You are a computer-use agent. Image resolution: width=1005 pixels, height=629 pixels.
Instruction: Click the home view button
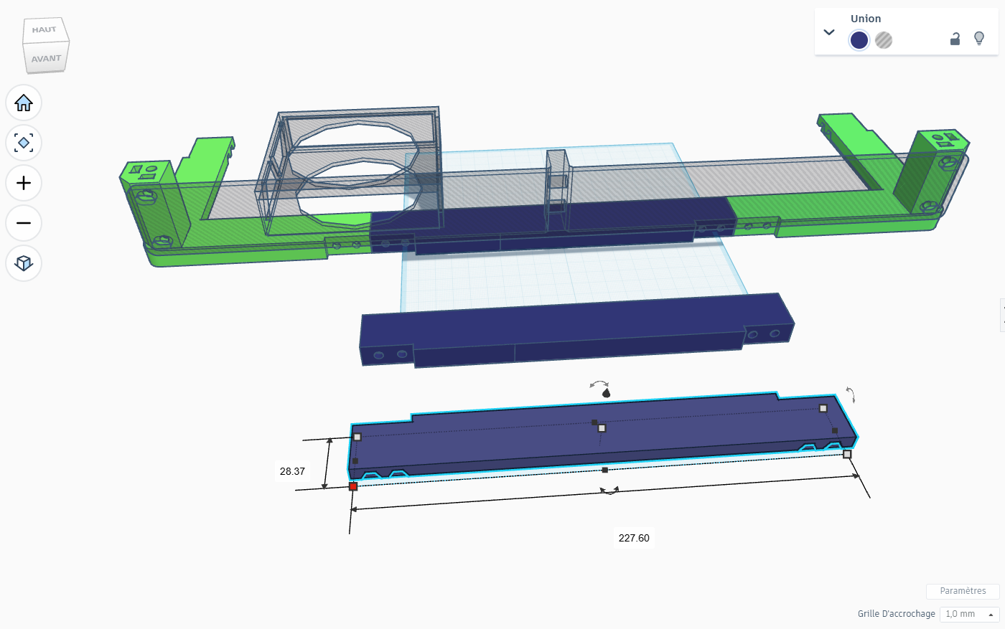coord(23,103)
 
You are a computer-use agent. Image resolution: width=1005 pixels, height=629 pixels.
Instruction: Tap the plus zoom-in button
coord(23,183)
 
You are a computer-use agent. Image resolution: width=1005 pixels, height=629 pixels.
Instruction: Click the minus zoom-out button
coord(23,223)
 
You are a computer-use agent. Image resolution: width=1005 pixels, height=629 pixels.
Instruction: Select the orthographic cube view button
coord(23,263)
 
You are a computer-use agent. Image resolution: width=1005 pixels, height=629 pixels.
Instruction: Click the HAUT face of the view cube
coord(45,30)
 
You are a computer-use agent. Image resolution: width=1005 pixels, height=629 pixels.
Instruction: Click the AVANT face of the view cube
coord(46,58)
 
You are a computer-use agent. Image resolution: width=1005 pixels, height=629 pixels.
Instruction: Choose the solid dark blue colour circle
coord(859,40)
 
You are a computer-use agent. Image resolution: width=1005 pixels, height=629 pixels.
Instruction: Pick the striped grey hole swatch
coord(884,40)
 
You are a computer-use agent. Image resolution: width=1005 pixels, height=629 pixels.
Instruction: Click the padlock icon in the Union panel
coord(955,39)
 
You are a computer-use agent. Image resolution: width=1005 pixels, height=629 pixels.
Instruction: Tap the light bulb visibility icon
coord(979,39)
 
